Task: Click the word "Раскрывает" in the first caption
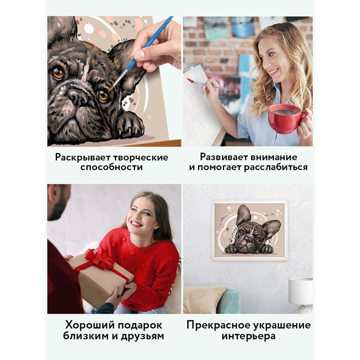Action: [x=83, y=158]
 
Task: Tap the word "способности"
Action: [x=112, y=167]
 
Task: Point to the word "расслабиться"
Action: [x=276, y=167]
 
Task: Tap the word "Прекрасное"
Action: [x=218, y=325]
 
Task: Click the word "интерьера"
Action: [x=249, y=336]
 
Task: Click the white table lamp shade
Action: [x=300, y=290]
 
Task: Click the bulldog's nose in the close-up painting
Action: [x=77, y=96]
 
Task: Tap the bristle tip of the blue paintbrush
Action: [x=111, y=89]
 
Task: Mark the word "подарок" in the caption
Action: [x=140, y=326]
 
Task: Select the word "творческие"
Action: [x=141, y=158]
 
